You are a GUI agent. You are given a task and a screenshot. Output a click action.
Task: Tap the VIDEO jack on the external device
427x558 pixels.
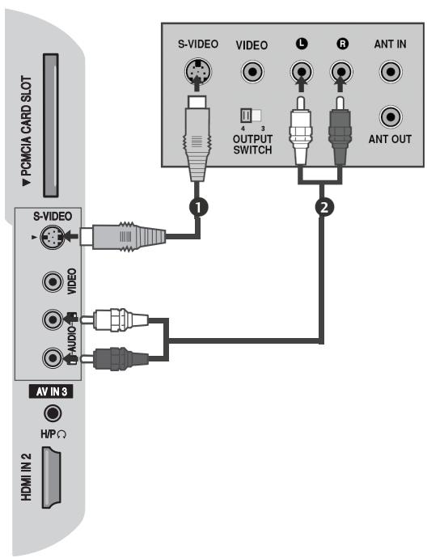click(251, 71)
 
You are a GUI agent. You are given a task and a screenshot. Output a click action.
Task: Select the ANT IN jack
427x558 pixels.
click(390, 71)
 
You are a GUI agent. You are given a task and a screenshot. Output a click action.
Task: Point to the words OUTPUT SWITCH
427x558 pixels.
click(250, 144)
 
